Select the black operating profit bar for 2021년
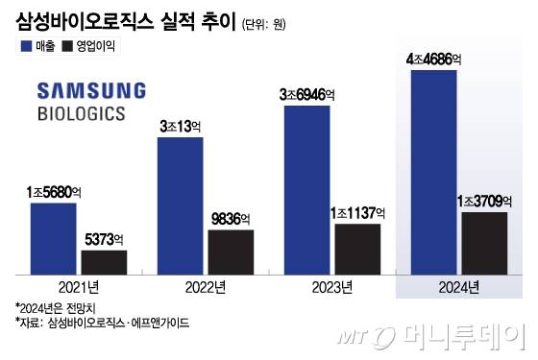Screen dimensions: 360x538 pyautogui.click(x=104, y=261)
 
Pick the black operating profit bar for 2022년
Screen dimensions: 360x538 pyautogui.click(x=231, y=251)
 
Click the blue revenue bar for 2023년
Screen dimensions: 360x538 pyautogui.click(x=307, y=188)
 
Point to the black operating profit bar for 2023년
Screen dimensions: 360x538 pyautogui.click(x=357, y=248)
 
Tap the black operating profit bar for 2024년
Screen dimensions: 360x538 pyautogui.click(x=484, y=242)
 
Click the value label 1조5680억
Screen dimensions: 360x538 pyautogui.click(x=54, y=192)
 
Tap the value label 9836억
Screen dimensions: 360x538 pyautogui.click(x=231, y=219)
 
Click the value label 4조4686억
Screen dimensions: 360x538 pyautogui.click(x=434, y=60)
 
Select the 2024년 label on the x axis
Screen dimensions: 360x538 pyautogui.click(x=458, y=287)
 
